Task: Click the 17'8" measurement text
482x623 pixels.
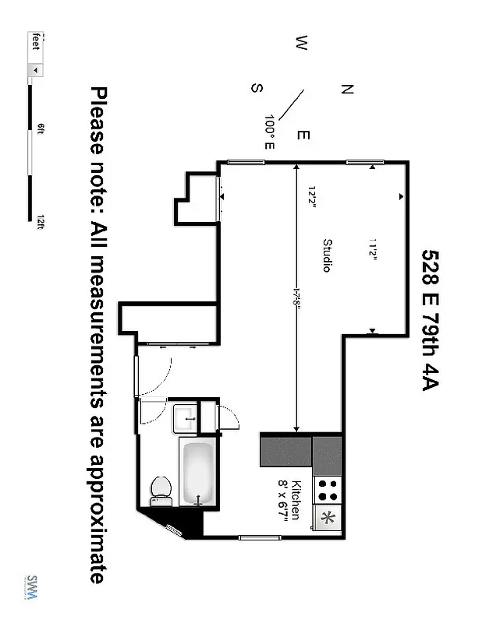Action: pyautogui.click(x=297, y=297)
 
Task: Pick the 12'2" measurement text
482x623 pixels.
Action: pyautogui.click(x=311, y=197)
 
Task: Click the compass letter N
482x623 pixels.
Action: pyautogui.click(x=348, y=89)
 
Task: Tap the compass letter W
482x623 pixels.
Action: pyautogui.click(x=301, y=43)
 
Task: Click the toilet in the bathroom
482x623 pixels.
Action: pyautogui.click(x=161, y=488)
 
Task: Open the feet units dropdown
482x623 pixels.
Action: pyautogui.click(x=36, y=69)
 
